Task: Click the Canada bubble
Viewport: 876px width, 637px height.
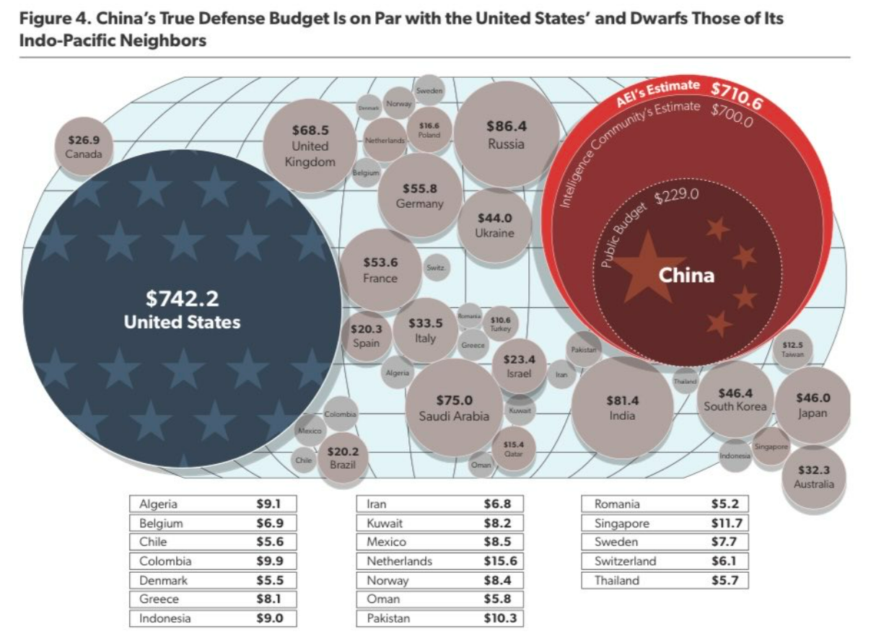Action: (84, 147)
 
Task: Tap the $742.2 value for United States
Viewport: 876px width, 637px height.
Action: (183, 299)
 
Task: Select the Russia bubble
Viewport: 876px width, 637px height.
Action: (506, 134)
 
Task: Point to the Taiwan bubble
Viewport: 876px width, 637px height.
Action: (792, 349)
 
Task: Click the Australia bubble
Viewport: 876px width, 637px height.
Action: (813, 477)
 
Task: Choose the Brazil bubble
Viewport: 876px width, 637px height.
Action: (343, 457)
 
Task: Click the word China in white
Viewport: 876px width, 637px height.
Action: (686, 275)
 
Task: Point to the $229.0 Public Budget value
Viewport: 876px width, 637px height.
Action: (676, 195)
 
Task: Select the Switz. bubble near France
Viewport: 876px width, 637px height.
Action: (435, 268)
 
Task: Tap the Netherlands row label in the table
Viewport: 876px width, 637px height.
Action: (400, 561)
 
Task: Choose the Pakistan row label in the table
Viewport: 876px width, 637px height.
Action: (389, 618)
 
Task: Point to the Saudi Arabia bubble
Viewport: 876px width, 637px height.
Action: (454, 408)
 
